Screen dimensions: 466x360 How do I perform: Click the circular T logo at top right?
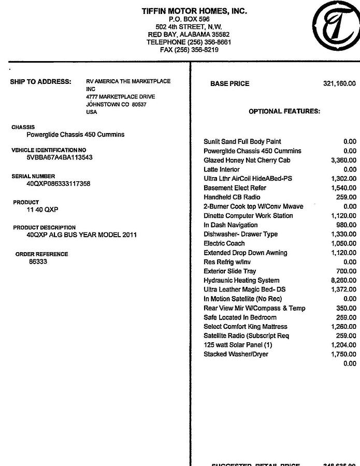[x=336, y=26]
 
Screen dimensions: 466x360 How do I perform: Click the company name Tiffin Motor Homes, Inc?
[x=194, y=11]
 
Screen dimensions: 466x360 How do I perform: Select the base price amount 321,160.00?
[x=339, y=84]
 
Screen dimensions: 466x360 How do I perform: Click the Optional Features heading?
[x=284, y=111]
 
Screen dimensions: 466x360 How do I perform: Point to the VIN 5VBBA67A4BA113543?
[x=60, y=157]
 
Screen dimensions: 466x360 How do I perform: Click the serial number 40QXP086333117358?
[x=59, y=184]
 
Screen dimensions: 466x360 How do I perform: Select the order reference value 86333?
[x=38, y=262]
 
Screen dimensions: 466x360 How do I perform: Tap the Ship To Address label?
[x=40, y=82]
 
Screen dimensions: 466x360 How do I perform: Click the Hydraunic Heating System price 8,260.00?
[x=343, y=281]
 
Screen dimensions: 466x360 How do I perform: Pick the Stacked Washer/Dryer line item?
[x=236, y=354]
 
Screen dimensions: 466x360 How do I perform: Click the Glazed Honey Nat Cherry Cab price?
[x=343, y=161]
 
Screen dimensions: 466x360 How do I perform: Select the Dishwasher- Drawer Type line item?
[x=240, y=234]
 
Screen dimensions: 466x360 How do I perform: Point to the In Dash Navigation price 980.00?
[x=346, y=225]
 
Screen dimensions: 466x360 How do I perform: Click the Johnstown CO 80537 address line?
[x=116, y=105]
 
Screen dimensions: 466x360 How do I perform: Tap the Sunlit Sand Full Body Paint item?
[x=242, y=142]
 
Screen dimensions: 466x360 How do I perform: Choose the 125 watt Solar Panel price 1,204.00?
[x=343, y=345]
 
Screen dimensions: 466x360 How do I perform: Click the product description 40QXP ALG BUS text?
[x=82, y=235]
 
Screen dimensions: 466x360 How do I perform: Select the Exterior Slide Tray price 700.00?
[x=346, y=271]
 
